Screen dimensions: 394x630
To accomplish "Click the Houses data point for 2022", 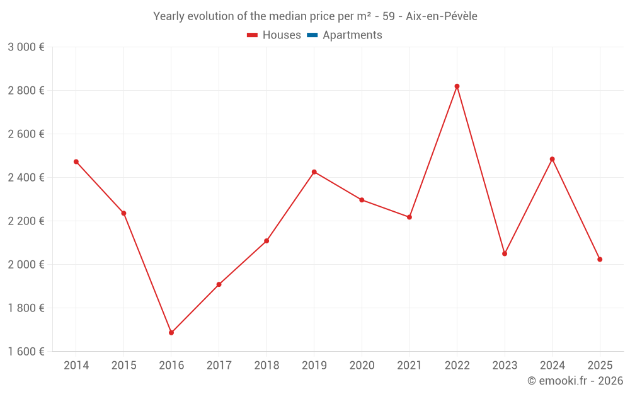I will [x=457, y=86].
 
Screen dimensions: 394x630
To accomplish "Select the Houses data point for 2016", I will [x=171, y=332].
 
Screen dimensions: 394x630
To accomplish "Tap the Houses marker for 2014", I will [x=76, y=162].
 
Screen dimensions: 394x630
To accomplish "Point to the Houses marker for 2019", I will [x=314, y=172].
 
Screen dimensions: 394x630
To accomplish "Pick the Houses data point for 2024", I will [x=552, y=159].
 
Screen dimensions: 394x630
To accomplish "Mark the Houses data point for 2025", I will [x=600, y=259].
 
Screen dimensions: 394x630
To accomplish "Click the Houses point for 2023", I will [x=505, y=253].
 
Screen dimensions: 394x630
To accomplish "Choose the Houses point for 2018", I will [x=266, y=241].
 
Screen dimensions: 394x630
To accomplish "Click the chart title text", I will [x=315, y=16].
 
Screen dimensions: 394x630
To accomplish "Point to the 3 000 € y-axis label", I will [x=26, y=47].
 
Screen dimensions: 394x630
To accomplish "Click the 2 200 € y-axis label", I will [x=26, y=221].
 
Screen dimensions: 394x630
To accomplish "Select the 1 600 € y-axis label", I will [x=26, y=352].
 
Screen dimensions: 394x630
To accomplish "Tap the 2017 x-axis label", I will [x=219, y=366].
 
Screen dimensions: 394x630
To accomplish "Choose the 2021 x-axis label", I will [x=409, y=366].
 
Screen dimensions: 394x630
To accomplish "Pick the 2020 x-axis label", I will [x=362, y=366].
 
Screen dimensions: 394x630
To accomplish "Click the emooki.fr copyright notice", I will [x=575, y=381].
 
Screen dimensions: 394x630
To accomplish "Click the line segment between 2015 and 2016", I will [x=147, y=273].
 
